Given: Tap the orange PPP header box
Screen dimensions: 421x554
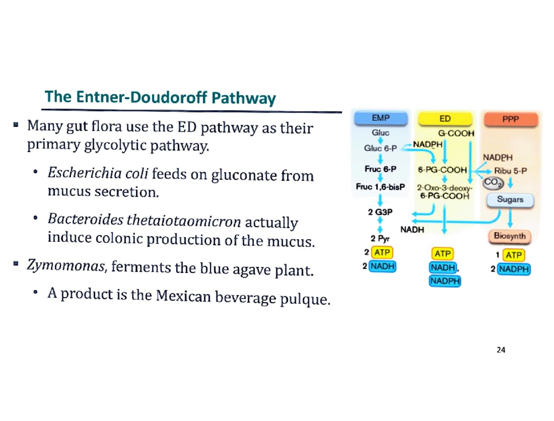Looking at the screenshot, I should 511,119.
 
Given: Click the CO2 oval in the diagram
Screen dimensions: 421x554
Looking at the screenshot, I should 490,184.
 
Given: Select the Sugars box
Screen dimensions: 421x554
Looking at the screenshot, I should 510,199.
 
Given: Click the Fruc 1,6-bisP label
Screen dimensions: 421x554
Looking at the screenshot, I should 380,187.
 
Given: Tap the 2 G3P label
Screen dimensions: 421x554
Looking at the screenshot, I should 378,212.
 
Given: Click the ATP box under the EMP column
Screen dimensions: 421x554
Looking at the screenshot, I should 382,253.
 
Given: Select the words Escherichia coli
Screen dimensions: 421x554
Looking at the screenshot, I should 96,174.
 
